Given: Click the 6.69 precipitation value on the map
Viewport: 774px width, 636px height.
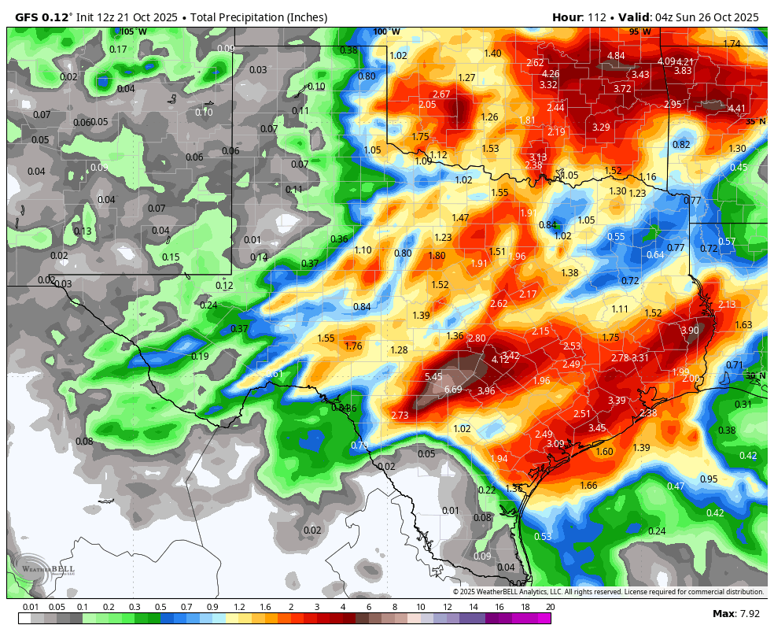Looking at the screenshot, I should pos(453,390).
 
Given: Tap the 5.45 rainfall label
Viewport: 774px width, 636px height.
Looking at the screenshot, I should pos(433,376).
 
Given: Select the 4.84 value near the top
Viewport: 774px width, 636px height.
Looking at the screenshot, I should pos(615,55).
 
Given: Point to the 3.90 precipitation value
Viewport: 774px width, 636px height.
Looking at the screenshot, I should pos(689,330).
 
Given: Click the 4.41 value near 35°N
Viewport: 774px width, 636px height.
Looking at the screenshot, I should pos(737,108).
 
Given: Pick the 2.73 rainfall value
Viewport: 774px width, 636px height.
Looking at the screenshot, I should pos(400,415).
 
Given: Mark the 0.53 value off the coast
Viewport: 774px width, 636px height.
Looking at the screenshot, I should pos(543,536).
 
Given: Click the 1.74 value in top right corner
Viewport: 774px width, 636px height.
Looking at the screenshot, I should pos(732,43).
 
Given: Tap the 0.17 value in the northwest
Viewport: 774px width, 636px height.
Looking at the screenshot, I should pos(118,49).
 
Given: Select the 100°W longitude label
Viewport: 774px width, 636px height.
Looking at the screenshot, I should pos(386,31).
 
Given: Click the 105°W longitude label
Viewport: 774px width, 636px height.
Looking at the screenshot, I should pos(134,31).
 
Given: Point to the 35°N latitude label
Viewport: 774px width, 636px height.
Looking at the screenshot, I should pos(755,121).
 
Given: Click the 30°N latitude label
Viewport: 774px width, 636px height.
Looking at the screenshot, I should pos(755,376).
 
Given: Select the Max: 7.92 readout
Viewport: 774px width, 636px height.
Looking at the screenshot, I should pos(735,613).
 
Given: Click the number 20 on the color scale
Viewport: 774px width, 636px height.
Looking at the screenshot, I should pos(550,607).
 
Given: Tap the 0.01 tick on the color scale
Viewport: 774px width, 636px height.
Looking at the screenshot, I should pos(31,607).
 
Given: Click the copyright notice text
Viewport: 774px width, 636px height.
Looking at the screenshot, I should pos(608,592).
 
